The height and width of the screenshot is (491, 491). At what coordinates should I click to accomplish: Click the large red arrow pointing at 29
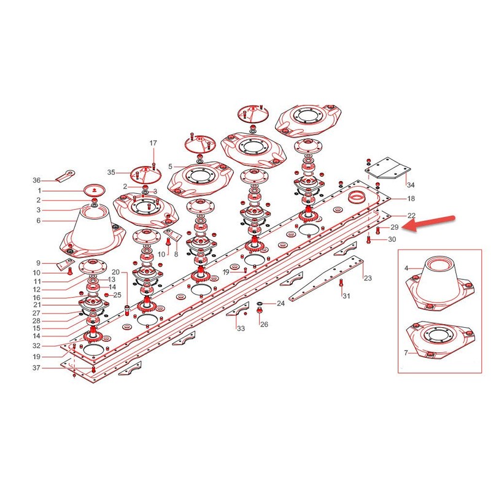(428, 223)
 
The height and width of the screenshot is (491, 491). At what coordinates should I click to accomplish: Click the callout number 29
(394, 227)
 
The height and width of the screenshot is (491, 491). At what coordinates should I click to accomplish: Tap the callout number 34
(411, 185)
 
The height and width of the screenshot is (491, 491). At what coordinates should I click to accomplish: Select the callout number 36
(37, 180)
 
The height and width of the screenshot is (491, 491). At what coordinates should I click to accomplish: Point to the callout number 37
(37, 368)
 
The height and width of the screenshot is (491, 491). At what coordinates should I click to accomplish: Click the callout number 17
(153, 143)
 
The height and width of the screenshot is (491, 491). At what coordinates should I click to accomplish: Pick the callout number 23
(368, 278)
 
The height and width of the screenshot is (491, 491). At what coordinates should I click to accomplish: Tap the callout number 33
(241, 328)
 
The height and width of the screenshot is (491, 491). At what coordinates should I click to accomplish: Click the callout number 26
(265, 325)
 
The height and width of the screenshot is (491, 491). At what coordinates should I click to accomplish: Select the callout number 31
(346, 296)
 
